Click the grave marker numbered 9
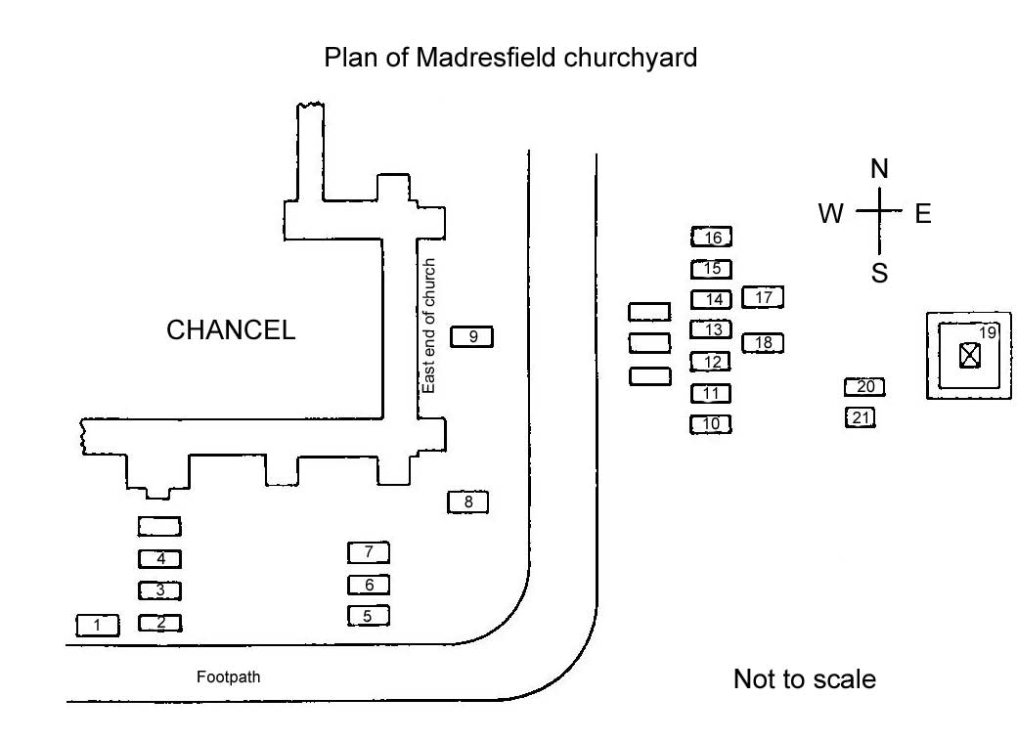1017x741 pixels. point(471,337)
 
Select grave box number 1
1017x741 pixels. point(98,625)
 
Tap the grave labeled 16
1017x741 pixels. point(712,238)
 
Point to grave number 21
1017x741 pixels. point(861,418)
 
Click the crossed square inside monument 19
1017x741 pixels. point(969,355)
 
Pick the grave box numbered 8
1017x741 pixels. point(467,502)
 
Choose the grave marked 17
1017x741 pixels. point(763,297)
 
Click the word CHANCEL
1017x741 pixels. point(231,330)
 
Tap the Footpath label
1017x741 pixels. point(229,676)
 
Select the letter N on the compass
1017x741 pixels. point(879,170)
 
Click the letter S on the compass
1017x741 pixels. point(879,274)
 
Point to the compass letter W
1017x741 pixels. point(831,214)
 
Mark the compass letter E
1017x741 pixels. point(923,214)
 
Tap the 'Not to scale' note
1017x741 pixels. point(804,679)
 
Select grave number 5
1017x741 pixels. point(368,616)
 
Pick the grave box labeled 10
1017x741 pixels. point(711,424)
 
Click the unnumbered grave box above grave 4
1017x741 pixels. point(159,527)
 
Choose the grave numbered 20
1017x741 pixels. point(864,387)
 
